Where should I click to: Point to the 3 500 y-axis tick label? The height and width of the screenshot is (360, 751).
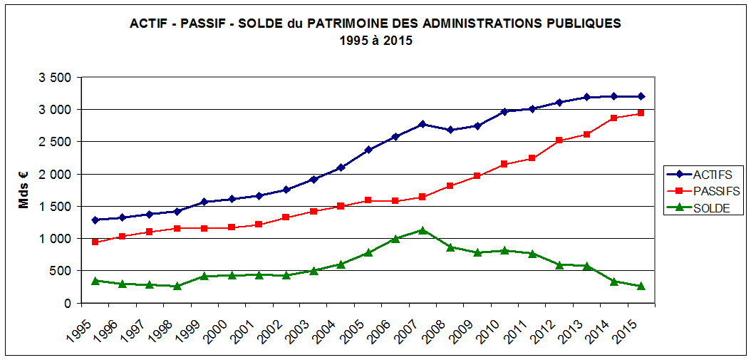point(55,78)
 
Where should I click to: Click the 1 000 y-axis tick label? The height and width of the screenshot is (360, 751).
point(55,239)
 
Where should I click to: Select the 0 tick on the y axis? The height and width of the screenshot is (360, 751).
point(67,303)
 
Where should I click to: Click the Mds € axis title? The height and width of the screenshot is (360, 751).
point(24,190)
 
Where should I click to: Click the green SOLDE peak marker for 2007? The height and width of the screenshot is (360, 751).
point(423,230)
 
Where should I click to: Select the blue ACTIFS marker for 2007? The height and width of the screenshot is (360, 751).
point(423,124)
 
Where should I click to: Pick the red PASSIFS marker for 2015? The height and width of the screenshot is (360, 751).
point(641,113)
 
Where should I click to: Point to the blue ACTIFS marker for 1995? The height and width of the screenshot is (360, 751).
point(95,220)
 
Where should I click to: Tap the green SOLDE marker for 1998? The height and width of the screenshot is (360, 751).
point(177,286)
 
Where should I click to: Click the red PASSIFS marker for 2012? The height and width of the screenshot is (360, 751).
point(559,140)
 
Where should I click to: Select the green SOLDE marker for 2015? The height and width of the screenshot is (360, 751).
point(641,286)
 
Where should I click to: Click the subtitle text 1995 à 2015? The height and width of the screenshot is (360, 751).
point(375,41)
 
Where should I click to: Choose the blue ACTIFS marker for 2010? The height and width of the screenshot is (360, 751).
point(504,111)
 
